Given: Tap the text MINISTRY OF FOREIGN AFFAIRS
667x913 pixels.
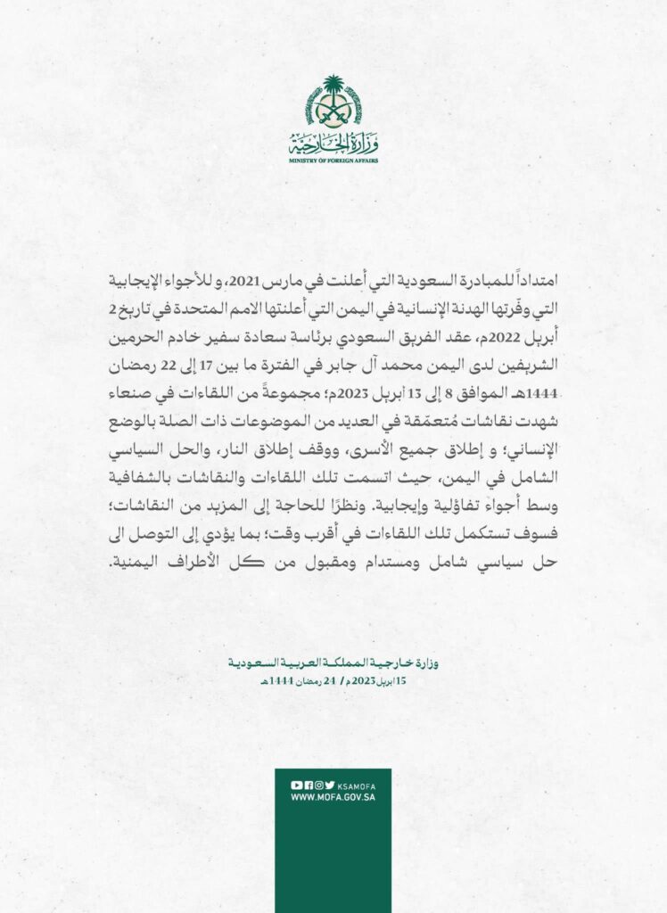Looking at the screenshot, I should pyautogui.click(x=333, y=160).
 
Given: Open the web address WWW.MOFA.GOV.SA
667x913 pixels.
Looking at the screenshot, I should pyautogui.click(x=333, y=797).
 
